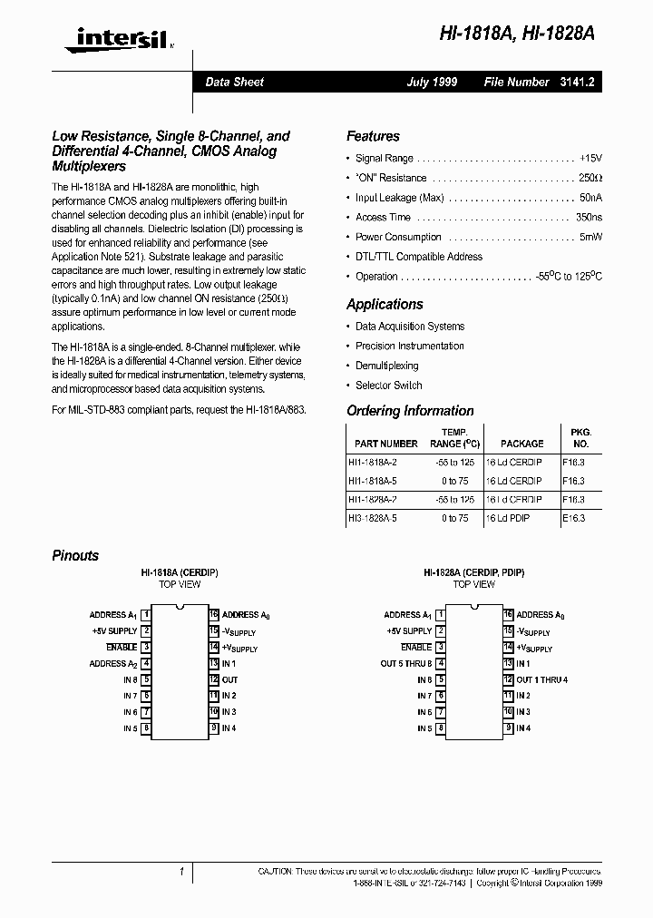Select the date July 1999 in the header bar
432,82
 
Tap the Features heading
373,136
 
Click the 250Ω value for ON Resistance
590,179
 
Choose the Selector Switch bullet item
388,386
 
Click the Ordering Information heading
410,411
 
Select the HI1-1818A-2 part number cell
372,462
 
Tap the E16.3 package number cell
574,518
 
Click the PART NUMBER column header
386,444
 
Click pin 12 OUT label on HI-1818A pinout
229,679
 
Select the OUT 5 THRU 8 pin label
406,664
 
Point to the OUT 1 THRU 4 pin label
541,679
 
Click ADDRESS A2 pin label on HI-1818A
113,664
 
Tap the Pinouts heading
75,555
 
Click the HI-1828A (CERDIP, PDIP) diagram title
473,573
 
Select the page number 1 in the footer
181,872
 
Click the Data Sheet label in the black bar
234,82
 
